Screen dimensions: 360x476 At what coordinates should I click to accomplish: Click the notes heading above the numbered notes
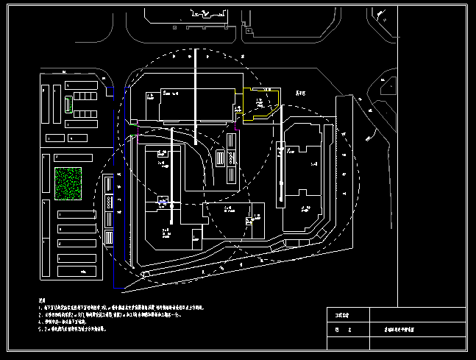pyautogui.click(x=43, y=301)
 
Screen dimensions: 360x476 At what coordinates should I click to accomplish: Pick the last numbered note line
pyautogui.click(x=73, y=330)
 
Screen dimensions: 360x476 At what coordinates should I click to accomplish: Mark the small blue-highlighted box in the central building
pyautogui.click(x=164, y=201)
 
